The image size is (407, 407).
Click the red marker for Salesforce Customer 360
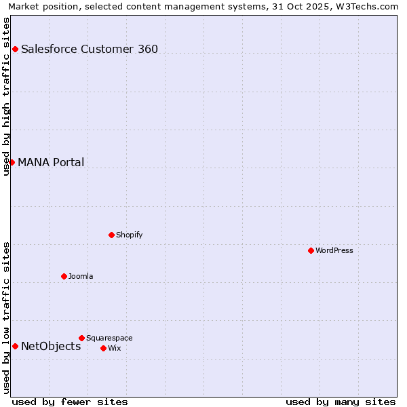[x=15, y=49]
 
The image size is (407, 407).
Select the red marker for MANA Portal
[x=12, y=162]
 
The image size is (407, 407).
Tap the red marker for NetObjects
[x=15, y=346]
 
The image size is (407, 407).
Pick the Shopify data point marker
[x=111, y=235]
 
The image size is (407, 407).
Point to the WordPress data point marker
[x=311, y=250]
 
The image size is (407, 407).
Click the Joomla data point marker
[x=64, y=276]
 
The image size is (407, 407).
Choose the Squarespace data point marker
[x=81, y=338]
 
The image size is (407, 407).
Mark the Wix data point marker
[x=103, y=348]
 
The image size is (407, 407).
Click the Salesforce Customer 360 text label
[x=90, y=49]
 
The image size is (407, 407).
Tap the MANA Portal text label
[x=51, y=162]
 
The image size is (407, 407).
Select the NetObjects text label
[x=51, y=346]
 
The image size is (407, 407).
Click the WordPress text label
[x=334, y=250]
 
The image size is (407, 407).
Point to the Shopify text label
[x=130, y=235]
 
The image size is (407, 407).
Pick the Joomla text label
[x=81, y=276]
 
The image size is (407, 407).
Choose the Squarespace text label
[x=109, y=338]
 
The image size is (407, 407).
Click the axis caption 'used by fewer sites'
[x=70, y=402]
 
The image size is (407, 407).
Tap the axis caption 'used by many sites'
[x=341, y=402]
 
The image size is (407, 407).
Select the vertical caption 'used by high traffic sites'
[x=6, y=96]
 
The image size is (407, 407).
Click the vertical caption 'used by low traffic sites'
[x=6, y=317]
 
